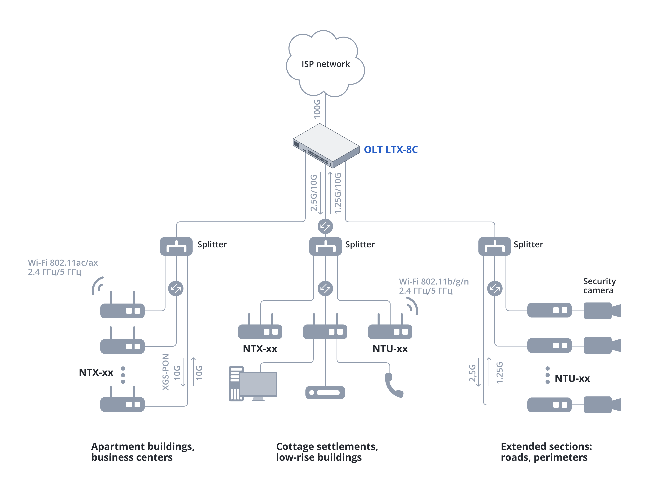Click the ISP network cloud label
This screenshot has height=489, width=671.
click(x=325, y=64)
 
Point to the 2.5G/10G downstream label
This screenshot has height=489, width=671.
click(x=314, y=193)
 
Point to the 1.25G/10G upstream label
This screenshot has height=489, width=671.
click(x=338, y=193)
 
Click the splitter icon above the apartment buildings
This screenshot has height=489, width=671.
click(x=176, y=246)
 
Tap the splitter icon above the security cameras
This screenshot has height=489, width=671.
click(x=495, y=246)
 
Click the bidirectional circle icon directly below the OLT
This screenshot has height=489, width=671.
click(x=325, y=227)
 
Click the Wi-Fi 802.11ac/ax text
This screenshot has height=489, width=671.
click(x=63, y=262)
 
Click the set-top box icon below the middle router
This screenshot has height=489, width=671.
click(x=325, y=392)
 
